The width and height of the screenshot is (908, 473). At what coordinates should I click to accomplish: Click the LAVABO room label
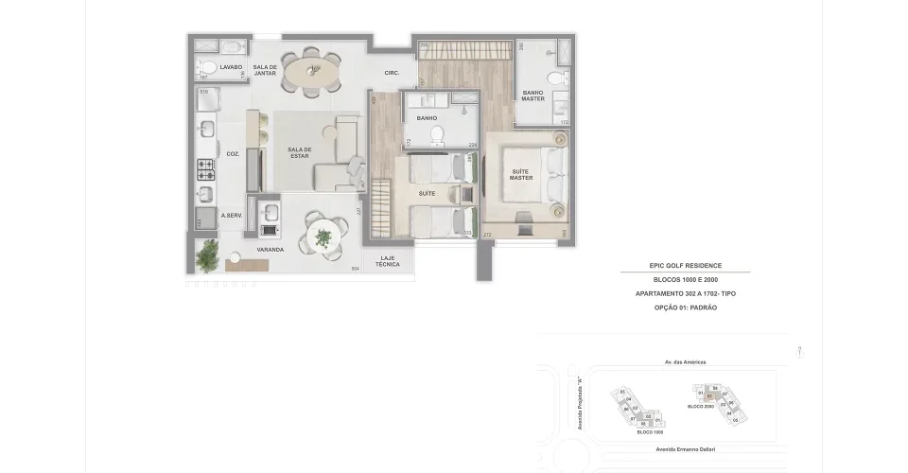click(232, 67)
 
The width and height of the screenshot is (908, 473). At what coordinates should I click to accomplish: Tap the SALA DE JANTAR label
click(265, 70)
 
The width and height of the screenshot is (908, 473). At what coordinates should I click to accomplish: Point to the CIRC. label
click(392, 73)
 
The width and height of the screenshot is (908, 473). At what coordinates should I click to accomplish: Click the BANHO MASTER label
click(533, 95)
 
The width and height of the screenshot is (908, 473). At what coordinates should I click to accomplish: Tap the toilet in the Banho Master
click(561, 78)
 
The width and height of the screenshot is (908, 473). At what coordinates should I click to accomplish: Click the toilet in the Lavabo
click(204, 66)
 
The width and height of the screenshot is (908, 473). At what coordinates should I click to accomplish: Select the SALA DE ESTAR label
click(300, 153)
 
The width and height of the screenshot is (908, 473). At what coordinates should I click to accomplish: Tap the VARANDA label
click(271, 250)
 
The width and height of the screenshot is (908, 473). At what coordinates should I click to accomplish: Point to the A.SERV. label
click(233, 215)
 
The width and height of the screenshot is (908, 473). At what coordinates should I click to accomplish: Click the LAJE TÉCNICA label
click(388, 261)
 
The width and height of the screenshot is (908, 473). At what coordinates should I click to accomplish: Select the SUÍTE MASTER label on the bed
click(521, 174)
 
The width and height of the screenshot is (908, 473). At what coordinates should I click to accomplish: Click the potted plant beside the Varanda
click(207, 254)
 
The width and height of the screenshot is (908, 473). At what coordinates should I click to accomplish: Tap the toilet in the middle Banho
click(436, 135)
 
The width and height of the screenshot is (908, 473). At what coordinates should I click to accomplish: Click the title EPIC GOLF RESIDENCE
click(686, 267)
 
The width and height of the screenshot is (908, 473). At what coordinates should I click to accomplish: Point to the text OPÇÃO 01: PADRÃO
click(686, 308)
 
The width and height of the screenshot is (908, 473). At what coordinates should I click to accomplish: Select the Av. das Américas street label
click(685, 361)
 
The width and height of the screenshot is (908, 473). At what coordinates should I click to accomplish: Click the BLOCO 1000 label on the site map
click(650, 431)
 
